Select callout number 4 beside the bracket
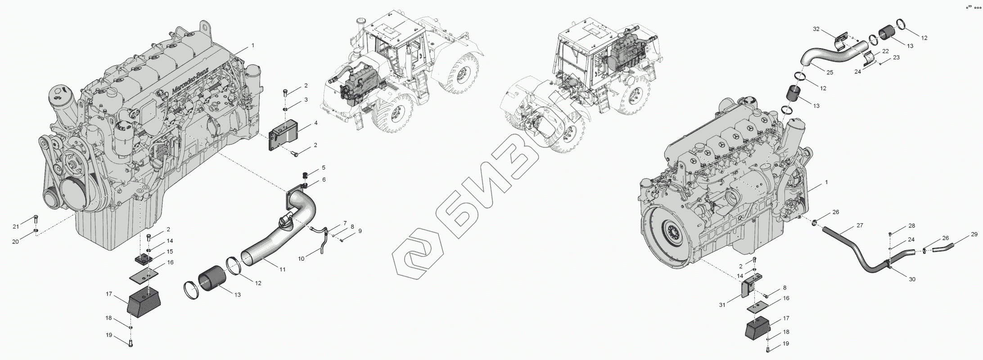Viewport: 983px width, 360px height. click(316, 122)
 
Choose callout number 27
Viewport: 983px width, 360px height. click(860, 225)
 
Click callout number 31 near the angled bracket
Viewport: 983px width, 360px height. click(722, 305)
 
